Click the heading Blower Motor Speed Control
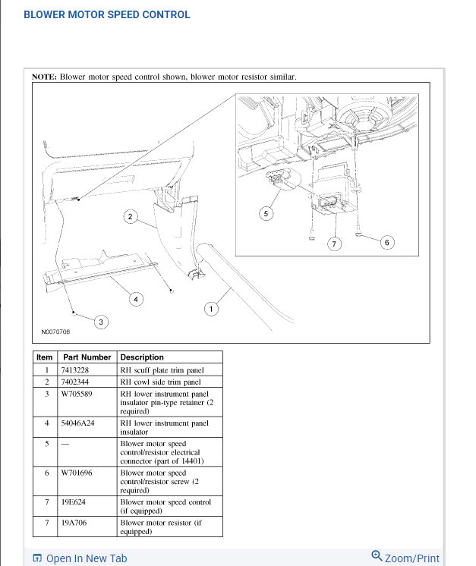tap(107, 14)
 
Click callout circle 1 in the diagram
tap(211, 309)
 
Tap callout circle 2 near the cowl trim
tap(131, 217)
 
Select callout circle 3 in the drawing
tap(102, 322)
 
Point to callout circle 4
tap(136, 299)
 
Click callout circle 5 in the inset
tap(266, 214)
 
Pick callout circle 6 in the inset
tap(386, 242)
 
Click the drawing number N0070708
tap(55, 332)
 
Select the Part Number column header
tap(87, 357)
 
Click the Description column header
tap(142, 357)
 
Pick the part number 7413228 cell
tap(75, 370)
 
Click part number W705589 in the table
tap(77, 395)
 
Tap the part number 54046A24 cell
tap(78, 423)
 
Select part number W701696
tap(77, 473)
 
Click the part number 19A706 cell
tap(75, 523)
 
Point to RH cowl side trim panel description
tap(161, 382)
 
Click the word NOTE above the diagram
tap(43, 77)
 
